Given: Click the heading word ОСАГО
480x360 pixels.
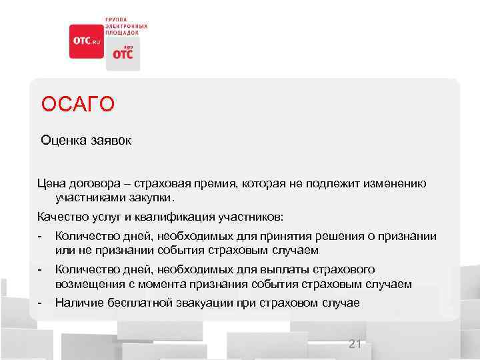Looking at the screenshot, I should (x=77, y=105).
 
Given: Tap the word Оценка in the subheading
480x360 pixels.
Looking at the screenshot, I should (x=61, y=141).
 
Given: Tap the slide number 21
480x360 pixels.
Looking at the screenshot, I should (x=355, y=344).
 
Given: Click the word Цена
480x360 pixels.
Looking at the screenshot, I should (x=52, y=183).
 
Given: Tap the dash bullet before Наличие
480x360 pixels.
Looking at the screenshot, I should (x=41, y=303).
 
